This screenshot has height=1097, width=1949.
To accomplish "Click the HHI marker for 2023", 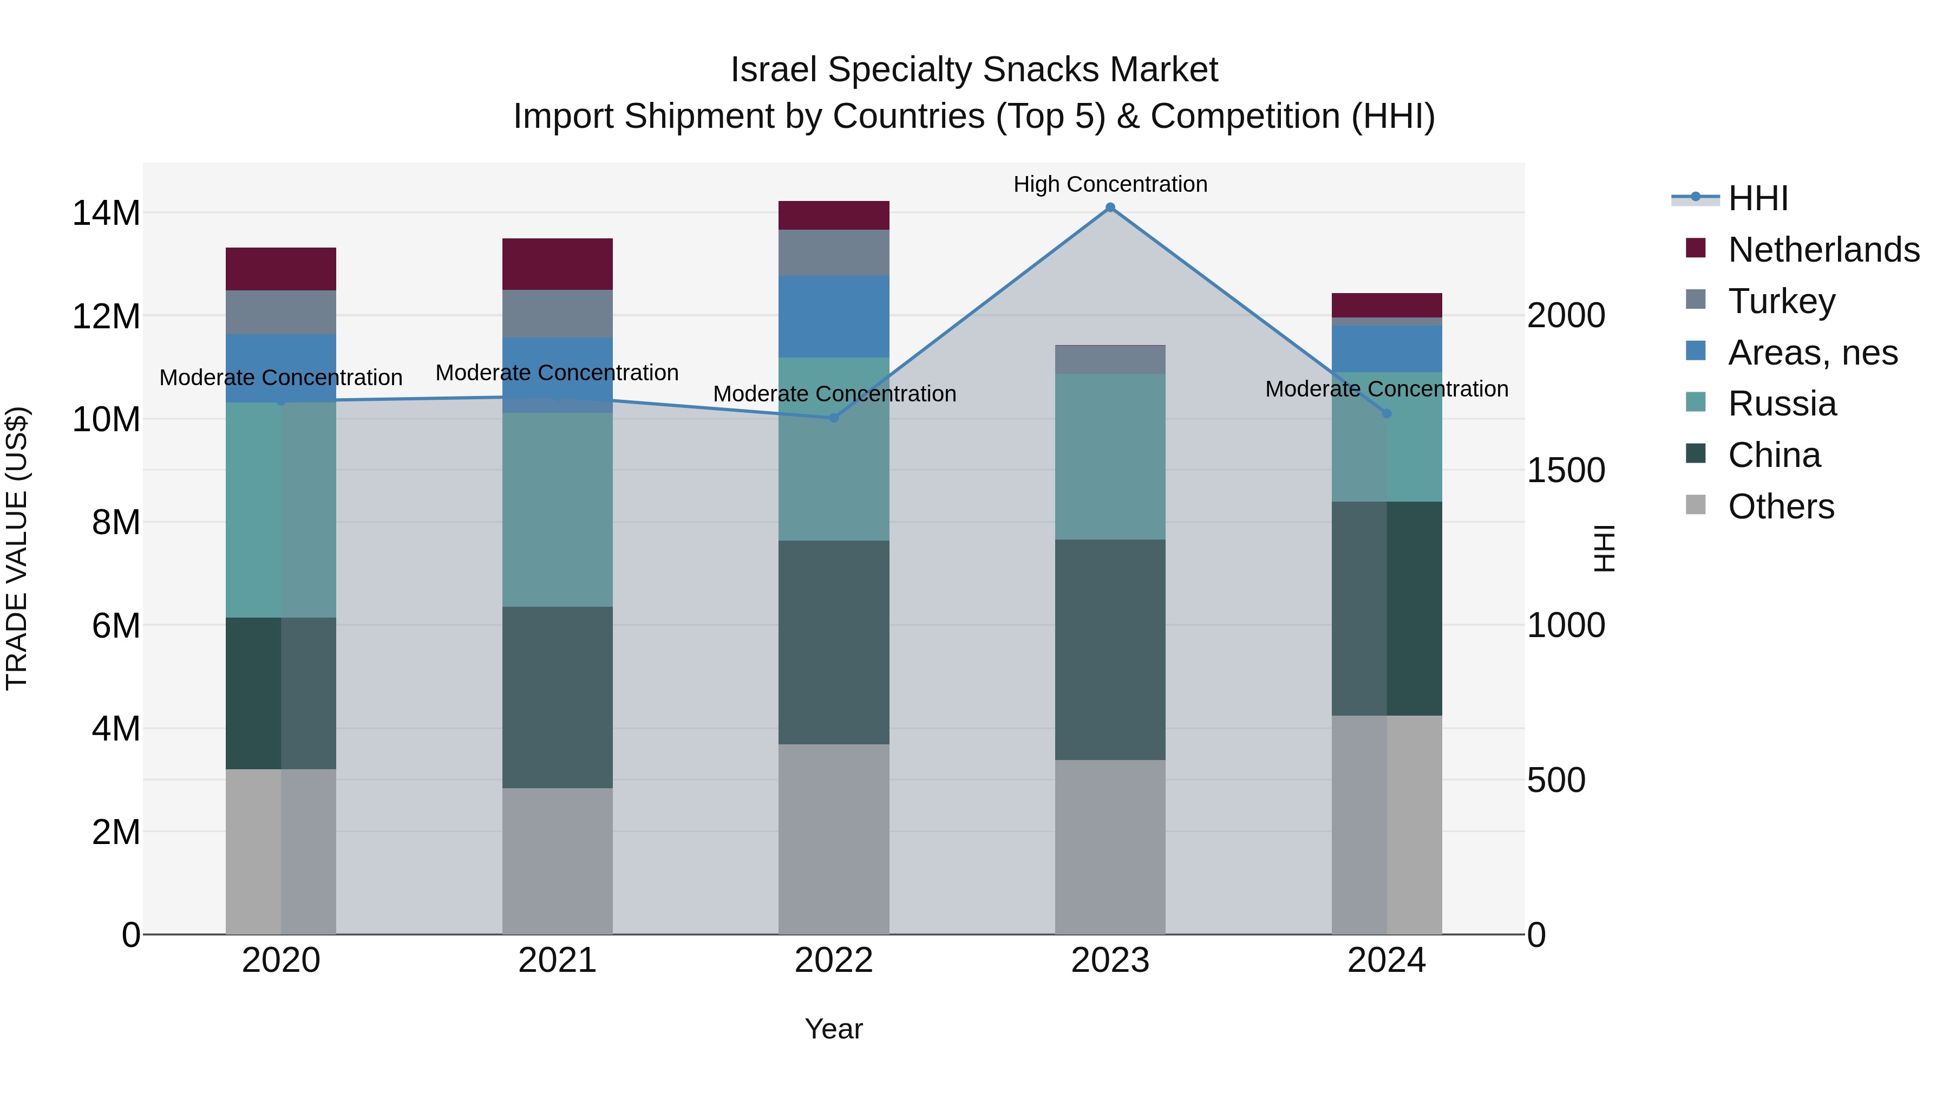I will coord(1110,207).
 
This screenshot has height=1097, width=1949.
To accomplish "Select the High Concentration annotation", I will coord(1110,184).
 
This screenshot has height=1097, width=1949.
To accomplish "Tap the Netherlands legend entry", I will coord(1823,250).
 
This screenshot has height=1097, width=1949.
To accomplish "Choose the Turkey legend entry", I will coord(1781,301).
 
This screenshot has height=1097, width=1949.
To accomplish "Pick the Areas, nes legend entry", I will coord(1813,353).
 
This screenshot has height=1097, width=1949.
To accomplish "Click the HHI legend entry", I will coord(1757,198).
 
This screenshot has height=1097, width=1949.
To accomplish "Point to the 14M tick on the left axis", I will coord(106,213).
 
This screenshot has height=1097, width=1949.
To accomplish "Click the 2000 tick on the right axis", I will coord(1565,316).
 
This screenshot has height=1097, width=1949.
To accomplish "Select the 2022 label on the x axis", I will coord(834,960).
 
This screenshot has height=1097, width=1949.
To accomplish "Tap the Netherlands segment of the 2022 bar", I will coord(834,216).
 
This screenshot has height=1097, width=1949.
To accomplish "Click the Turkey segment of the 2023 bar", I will coord(1110,360).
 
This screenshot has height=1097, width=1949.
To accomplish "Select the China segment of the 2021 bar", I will coord(558,697).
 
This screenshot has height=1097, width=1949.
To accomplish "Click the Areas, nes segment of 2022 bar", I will coord(834,316).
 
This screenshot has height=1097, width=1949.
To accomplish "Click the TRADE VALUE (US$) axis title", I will coord(17,548).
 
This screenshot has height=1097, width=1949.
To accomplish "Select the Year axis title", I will coord(834,1029).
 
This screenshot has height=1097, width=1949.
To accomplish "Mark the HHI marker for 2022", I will coord(834,418).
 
